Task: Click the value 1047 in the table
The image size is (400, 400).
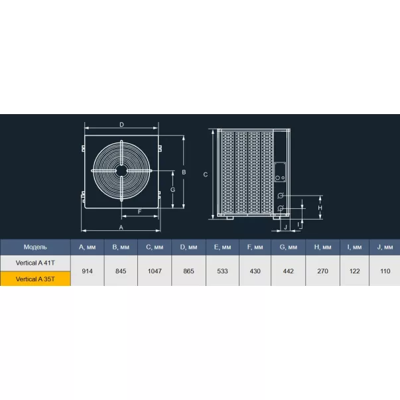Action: click(x=155, y=271)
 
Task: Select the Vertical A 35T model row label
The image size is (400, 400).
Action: click(x=35, y=279)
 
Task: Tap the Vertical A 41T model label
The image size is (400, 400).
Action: click(x=35, y=263)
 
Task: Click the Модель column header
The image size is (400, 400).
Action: click(x=35, y=247)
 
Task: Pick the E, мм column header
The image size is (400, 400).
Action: click(x=222, y=247)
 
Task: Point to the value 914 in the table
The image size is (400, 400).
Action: click(x=88, y=271)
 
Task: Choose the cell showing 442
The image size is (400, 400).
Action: click(x=289, y=271)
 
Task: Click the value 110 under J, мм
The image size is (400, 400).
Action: click(x=385, y=271)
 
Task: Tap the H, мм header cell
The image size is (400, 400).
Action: click(x=322, y=247)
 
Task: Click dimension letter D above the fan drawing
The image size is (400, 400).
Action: click(x=121, y=125)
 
